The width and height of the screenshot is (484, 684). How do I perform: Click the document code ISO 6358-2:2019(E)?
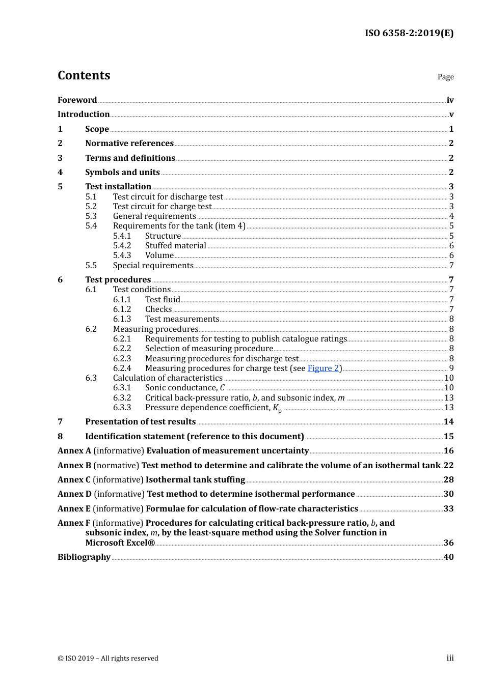coord(409,33)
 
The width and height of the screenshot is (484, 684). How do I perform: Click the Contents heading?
coord(84,75)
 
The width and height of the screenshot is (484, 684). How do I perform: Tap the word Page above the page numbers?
coord(445,77)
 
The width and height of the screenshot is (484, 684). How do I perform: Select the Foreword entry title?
coord(77,100)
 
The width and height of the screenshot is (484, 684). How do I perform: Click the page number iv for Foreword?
coord(450,100)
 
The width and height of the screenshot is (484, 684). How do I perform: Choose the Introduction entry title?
coord(84,115)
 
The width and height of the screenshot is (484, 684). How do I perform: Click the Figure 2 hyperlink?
coord(323,368)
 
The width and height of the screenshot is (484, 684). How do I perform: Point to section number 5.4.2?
coord(122,246)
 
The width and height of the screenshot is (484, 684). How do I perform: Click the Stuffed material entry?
coord(175,246)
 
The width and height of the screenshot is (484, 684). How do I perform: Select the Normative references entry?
coord(129,144)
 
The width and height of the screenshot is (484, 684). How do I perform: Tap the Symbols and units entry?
coord(122,173)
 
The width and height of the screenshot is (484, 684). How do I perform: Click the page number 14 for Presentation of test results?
coord(448,422)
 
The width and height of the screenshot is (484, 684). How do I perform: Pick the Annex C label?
coord(74,480)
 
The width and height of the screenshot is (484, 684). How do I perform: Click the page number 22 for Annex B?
coord(448,466)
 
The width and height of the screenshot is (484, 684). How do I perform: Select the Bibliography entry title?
coord(84,557)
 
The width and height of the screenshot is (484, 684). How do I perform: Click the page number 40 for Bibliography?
coord(448,557)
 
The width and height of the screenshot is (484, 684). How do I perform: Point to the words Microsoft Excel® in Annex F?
coord(120,543)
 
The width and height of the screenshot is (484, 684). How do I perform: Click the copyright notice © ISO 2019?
coord(108,659)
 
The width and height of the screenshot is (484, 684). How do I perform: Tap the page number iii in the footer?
coord(450,658)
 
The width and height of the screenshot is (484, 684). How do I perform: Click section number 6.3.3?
coord(122,408)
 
